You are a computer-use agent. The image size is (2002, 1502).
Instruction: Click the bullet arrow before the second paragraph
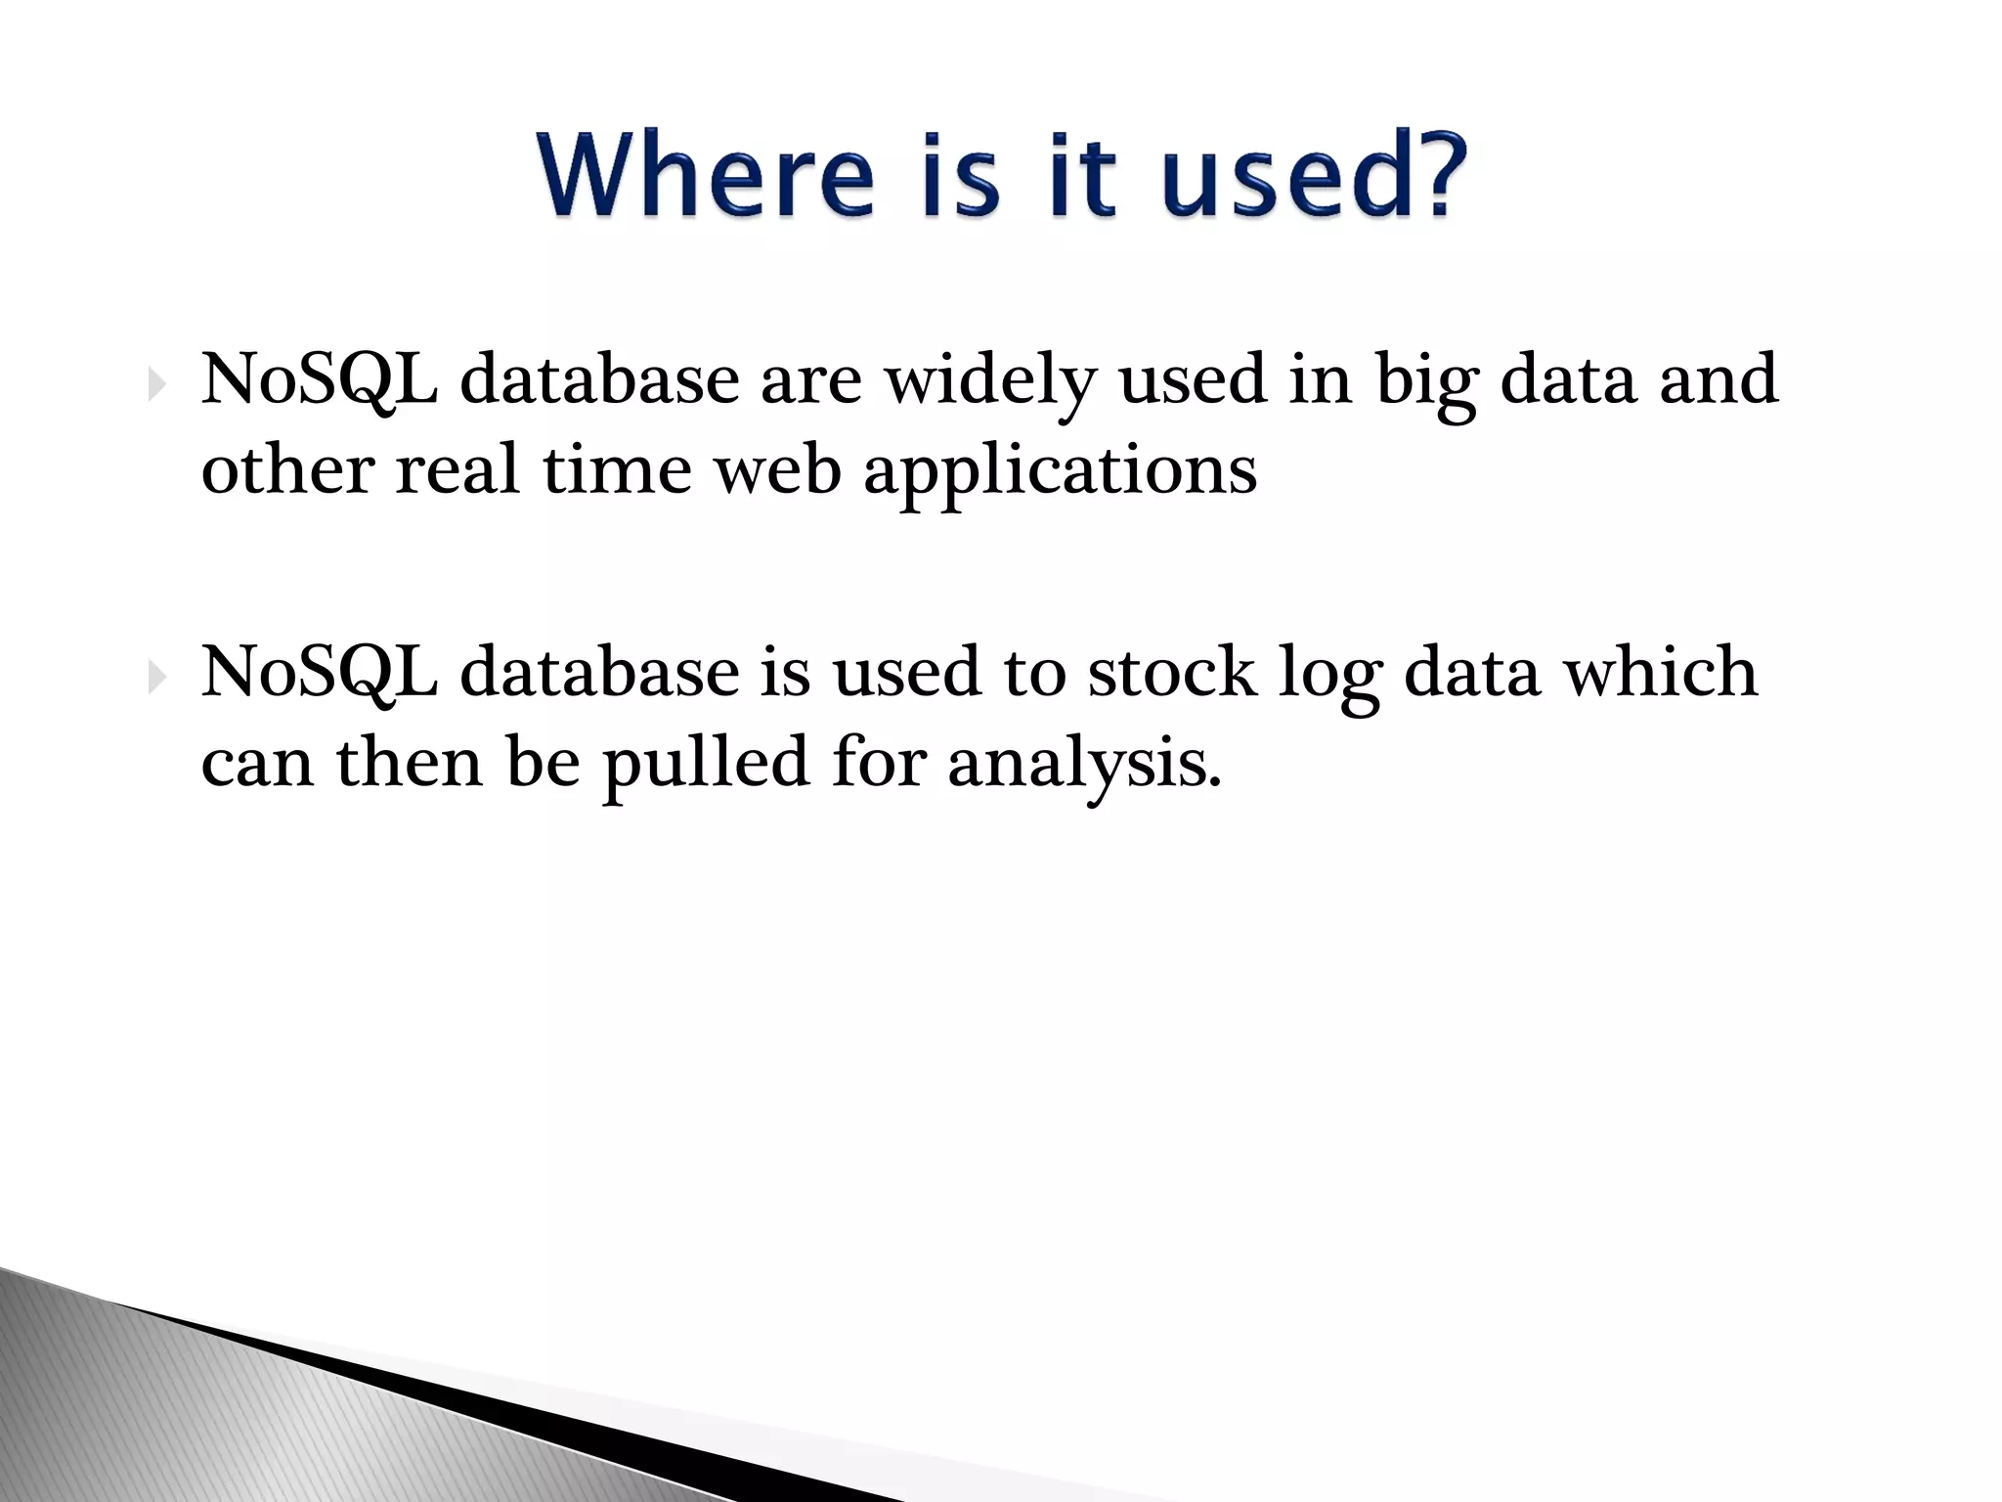(156, 677)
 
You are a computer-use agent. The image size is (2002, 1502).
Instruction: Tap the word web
(777, 470)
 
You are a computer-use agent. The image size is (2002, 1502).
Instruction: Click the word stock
(1172, 673)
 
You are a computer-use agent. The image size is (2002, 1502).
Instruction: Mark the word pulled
(705, 764)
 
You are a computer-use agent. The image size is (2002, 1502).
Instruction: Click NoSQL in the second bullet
(319, 673)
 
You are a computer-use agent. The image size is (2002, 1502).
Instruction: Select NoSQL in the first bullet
(319, 380)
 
